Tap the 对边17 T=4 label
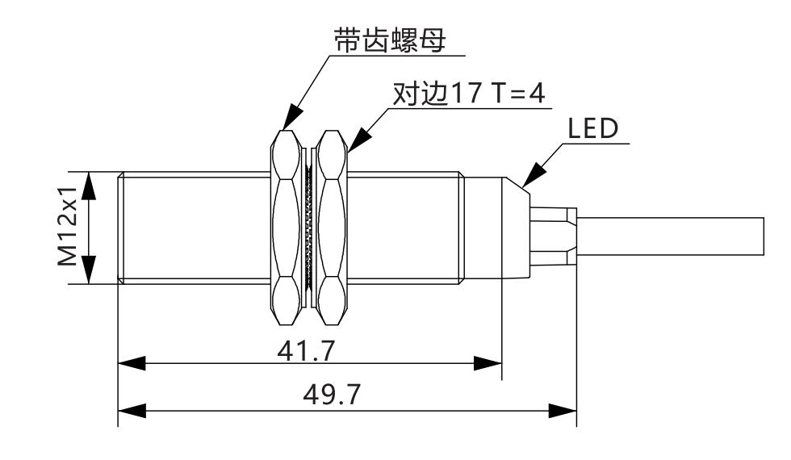[469, 94]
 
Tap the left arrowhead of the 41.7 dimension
[132, 363]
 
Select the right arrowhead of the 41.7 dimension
[488, 363]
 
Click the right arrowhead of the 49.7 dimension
[563, 410]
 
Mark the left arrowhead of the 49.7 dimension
[132, 410]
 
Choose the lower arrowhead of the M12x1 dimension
[90, 270]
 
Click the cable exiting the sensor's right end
[670, 235]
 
